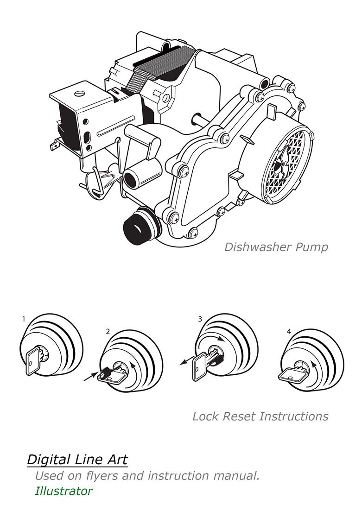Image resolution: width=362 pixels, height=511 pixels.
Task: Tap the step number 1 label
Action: coord(24,319)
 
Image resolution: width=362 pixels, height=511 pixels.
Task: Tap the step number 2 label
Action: coord(108,331)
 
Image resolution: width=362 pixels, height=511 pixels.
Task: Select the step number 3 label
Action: coord(200,319)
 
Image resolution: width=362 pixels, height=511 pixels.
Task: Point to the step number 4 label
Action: coord(289,331)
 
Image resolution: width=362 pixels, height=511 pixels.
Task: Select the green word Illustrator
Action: coord(64,491)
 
